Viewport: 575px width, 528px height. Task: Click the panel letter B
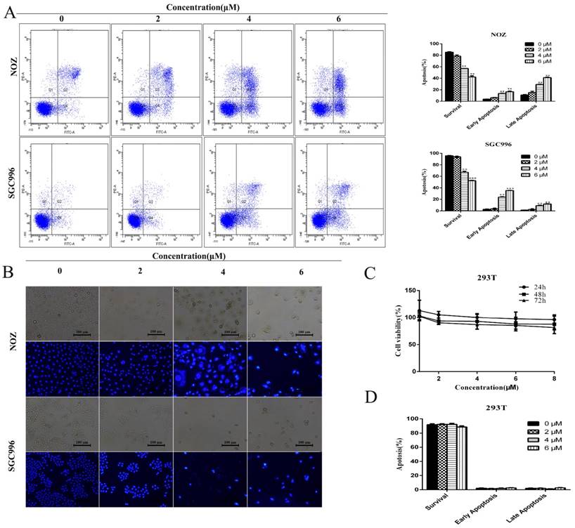pos(11,271)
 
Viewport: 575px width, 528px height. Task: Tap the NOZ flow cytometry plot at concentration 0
pos(65,79)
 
